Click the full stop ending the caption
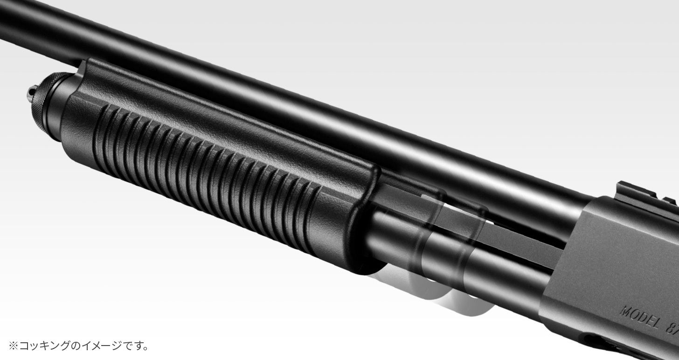pyautogui.click(x=146, y=348)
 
